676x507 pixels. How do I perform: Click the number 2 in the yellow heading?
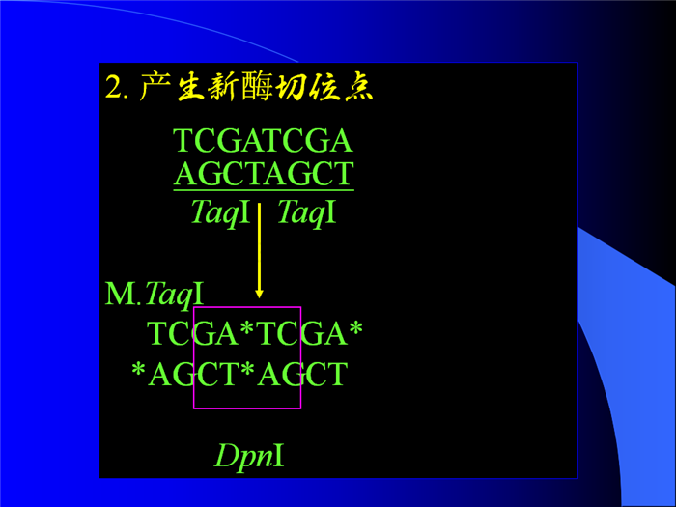114,87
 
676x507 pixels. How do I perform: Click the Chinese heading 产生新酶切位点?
256,87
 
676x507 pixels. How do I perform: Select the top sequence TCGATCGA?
263,141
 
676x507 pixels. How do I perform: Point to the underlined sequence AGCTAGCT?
264,173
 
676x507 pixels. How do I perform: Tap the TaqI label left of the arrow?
220,212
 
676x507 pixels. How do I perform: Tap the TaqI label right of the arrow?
306,212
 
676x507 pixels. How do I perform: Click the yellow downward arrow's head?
259,294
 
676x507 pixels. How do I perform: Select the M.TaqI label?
154,294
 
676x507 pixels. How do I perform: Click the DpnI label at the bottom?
249,456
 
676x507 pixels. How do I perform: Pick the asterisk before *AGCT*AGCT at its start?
138,369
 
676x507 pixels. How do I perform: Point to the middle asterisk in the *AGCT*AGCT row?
247,369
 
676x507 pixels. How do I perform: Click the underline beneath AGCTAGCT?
264,189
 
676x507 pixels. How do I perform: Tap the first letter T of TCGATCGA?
183,141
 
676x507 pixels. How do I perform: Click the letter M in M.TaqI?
120,294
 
